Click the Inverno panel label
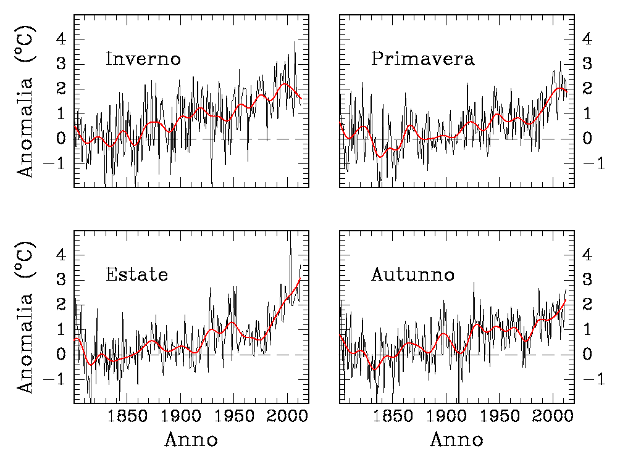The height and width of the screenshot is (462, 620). pos(143,59)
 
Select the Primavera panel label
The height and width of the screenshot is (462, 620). pos(422,59)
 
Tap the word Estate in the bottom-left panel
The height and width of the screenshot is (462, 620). pos(136,274)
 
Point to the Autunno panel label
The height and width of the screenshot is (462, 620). pos(413,274)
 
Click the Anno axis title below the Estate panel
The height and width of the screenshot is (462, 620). pos(191,440)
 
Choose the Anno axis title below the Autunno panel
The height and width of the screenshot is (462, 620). pos(456,440)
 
